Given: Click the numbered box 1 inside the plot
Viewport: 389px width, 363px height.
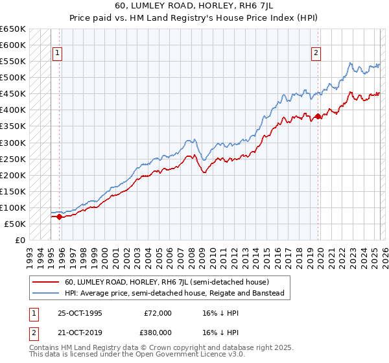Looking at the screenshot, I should click(57, 54).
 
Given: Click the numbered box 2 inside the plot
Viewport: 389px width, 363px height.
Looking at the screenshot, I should click(316, 54).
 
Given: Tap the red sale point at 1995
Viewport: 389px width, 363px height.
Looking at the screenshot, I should click(59, 217).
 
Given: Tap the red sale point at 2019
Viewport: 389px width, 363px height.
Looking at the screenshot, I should click(318, 117).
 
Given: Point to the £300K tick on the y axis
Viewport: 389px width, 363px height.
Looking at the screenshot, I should click(13, 143).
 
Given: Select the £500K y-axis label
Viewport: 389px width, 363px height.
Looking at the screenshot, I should click(13, 78).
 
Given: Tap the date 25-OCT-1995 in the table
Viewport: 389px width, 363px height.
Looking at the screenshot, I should click(80, 313).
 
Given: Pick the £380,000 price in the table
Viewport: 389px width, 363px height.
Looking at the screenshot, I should click(158, 332).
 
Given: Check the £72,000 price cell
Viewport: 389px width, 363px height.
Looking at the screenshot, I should click(158, 313).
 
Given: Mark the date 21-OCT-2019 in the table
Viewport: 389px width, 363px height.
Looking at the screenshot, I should click(80, 332).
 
